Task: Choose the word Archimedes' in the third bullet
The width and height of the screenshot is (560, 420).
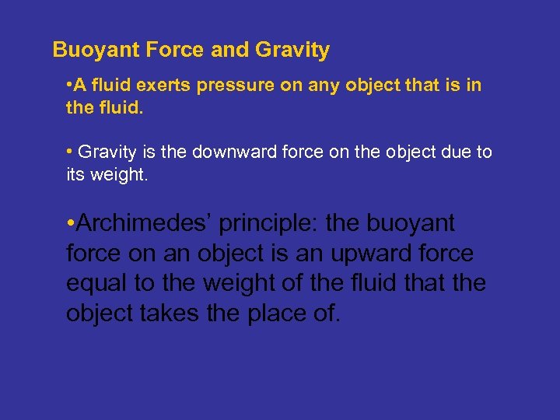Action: (x=145, y=224)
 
